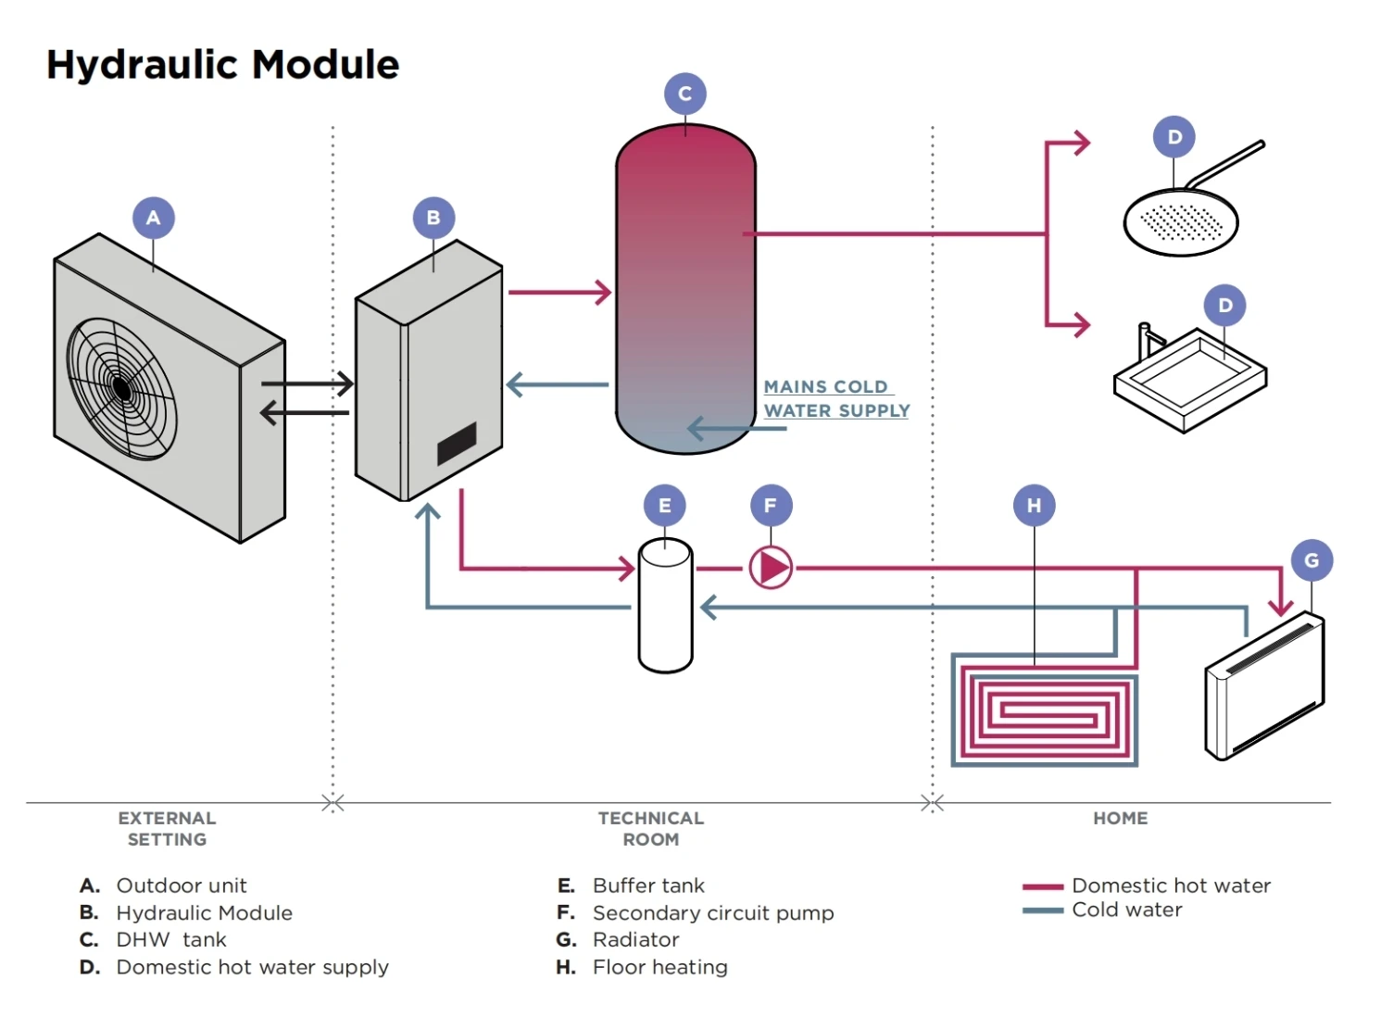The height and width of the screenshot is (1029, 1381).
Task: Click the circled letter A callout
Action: tap(154, 219)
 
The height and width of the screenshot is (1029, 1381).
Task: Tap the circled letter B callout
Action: tap(433, 219)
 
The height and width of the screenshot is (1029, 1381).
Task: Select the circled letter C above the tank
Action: tap(685, 94)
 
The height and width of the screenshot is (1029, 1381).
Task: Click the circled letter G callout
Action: tap(1312, 560)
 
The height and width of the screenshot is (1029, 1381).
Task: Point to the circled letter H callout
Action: tap(1034, 506)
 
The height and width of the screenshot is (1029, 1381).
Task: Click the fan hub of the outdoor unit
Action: tap(120, 388)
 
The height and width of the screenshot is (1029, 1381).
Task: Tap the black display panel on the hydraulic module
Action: tap(457, 443)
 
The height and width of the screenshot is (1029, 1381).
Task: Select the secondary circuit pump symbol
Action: tap(771, 568)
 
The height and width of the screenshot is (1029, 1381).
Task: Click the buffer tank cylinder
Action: tap(665, 606)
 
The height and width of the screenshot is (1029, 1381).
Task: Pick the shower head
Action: tap(1180, 222)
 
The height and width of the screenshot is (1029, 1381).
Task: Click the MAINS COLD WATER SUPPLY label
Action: tap(835, 399)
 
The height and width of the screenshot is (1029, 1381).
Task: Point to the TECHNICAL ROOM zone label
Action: tap(651, 829)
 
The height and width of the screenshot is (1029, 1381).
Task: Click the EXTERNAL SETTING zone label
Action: tap(167, 829)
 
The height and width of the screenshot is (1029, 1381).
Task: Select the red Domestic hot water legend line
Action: tap(1042, 887)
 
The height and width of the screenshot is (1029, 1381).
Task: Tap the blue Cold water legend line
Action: tap(1042, 910)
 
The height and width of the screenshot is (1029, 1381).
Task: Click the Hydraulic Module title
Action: tap(222, 65)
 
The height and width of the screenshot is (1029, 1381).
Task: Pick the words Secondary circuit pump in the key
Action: tap(713, 913)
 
